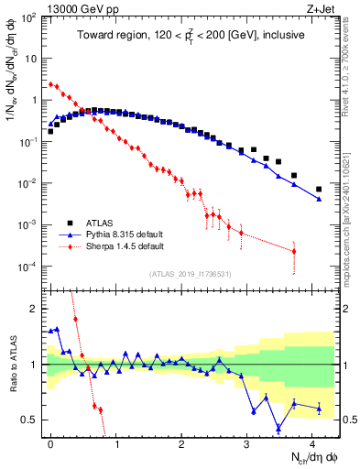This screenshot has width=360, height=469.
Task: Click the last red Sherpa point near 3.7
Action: (294, 251)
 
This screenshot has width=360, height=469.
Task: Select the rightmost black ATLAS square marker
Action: (319, 190)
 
